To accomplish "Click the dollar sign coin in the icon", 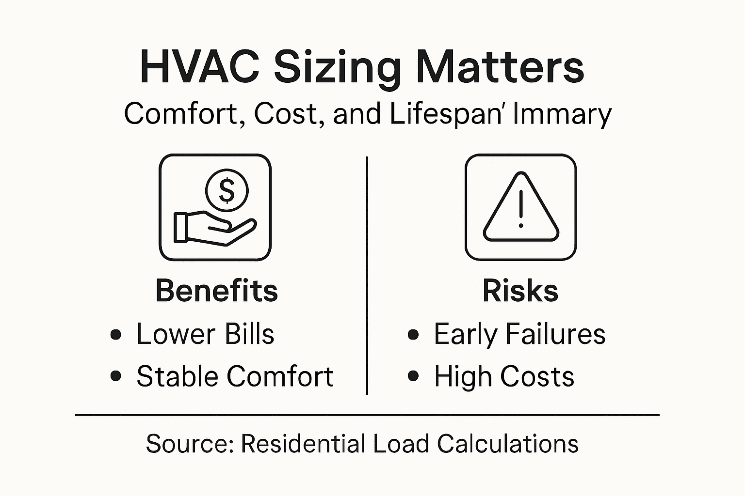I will pyautogui.click(x=227, y=190).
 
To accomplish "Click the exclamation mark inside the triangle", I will pyautogui.click(x=520, y=208).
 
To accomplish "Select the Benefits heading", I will pyautogui.click(x=216, y=291).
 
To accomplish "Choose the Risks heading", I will pyautogui.click(x=520, y=291).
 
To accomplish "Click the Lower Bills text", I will pyautogui.click(x=205, y=334).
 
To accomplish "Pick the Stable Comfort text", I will pyautogui.click(x=235, y=376).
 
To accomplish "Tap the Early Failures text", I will pyautogui.click(x=519, y=334).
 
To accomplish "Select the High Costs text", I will pyautogui.click(x=504, y=376).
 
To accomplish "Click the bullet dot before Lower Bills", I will pyautogui.click(x=115, y=335).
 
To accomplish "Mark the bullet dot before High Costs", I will pyautogui.click(x=413, y=376).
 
